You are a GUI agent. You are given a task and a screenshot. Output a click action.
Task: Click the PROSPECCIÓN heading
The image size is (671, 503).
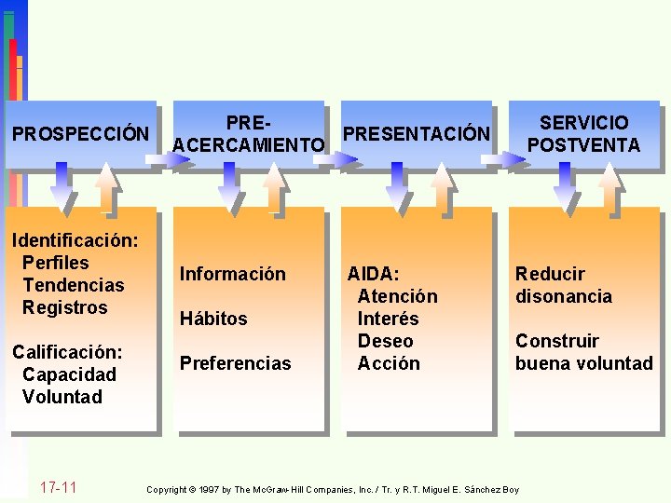[80, 133]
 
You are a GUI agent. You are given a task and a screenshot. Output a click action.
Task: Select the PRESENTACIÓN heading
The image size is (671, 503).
[416, 134]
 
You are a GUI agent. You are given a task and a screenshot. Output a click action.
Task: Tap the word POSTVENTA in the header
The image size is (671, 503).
[583, 145]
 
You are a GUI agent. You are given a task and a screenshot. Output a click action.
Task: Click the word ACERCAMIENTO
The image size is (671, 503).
[249, 145]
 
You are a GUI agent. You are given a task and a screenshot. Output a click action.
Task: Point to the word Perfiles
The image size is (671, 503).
[56, 263]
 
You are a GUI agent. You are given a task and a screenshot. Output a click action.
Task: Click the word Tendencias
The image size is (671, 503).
[73, 285]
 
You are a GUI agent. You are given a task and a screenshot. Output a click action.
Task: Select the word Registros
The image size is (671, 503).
[65, 307]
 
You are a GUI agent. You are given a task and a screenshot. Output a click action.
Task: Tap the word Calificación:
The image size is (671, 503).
[67, 352]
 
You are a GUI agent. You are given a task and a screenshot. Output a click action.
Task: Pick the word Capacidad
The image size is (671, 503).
[69, 374]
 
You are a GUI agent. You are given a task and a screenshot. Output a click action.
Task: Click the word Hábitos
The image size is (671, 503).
[213, 319]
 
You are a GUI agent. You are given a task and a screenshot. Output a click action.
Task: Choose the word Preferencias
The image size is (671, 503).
[236, 363]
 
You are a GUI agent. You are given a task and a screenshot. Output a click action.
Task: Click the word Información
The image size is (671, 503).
[233, 274]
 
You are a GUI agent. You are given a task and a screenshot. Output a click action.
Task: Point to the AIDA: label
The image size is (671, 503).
[373, 274]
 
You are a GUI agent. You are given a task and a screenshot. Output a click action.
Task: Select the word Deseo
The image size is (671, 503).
[386, 341]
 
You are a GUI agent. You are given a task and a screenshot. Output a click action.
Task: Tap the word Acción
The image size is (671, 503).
[389, 363]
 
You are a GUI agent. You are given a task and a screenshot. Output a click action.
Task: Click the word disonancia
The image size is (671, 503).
[564, 296]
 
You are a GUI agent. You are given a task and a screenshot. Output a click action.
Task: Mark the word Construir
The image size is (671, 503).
[557, 341]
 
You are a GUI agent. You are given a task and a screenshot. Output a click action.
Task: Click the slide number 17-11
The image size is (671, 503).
[59, 488]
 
